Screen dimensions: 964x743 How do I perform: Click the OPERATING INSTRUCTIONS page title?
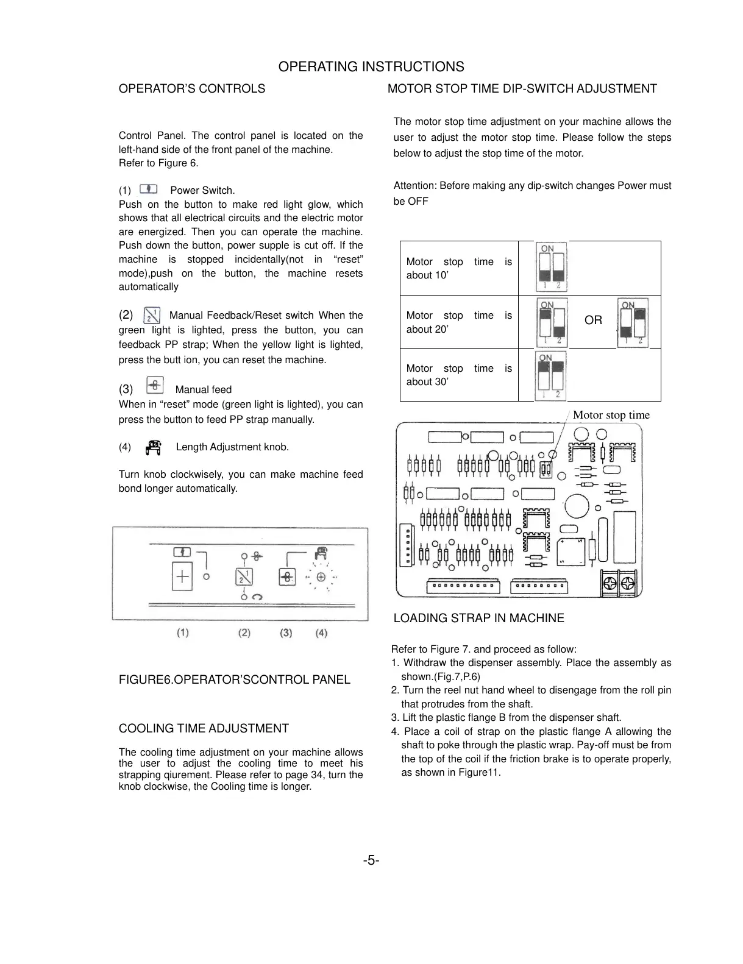pyautogui.click(x=371, y=67)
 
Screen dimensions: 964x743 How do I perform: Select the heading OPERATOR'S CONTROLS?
pyautogui.click(x=191, y=89)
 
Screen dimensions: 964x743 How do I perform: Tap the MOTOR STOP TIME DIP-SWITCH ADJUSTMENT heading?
pyautogui.click(x=522, y=89)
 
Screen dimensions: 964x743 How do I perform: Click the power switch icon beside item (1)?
pyautogui.click(x=149, y=190)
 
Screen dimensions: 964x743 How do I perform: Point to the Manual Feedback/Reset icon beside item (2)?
pyautogui.click(x=151, y=315)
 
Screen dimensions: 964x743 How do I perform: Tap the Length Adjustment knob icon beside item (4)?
pyautogui.click(x=154, y=447)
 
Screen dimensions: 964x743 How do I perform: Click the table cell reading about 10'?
pyautogui.click(x=458, y=269)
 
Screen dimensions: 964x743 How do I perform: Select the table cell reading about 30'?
pyautogui.click(x=458, y=375)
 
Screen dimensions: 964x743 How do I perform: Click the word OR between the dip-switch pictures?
pyautogui.click(x=593, y=321)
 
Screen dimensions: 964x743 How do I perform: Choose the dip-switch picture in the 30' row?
pyautogui.click(x=550, y=376)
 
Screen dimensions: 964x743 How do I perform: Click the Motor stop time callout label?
pyautogui.click(x=611, y=416)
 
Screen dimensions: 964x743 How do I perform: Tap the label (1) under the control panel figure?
pyautogui.click(x=183, y=633)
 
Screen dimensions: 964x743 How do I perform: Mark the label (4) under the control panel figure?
pyautogui.click(x=321, y=633)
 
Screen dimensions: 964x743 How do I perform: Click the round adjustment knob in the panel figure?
pyautogui.click(x=321, y=578)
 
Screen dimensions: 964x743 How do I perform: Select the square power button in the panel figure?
pyautogui.click(x=182, y=576)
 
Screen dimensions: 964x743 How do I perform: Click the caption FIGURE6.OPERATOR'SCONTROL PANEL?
pyautogui.click(x=234, y=680)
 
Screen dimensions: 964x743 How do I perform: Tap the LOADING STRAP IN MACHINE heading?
pyautogui.click(x=478, y=618)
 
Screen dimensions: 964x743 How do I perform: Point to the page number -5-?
pyautogui.click(x=371, y=861)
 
